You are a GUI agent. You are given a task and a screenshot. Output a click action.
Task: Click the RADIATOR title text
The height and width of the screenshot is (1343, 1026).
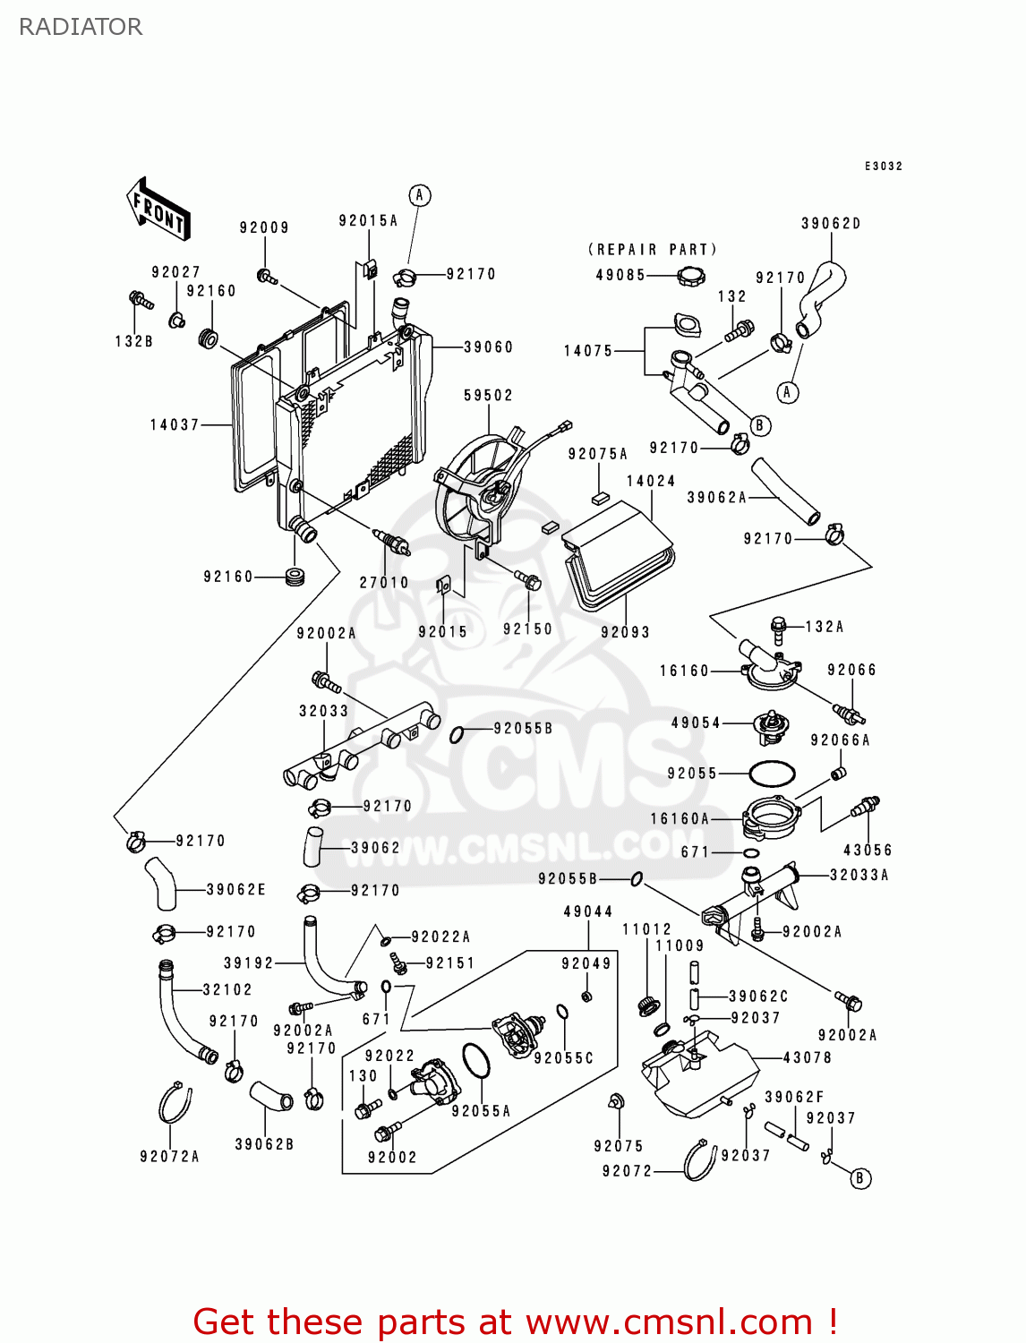coord(81,27)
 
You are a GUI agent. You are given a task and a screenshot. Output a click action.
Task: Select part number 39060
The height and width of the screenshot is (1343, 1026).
coord(488,347)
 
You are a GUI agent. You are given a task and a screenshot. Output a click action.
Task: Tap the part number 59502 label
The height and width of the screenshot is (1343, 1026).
coord(488,395)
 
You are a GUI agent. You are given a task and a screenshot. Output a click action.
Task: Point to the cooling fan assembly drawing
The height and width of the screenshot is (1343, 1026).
coord(479,492)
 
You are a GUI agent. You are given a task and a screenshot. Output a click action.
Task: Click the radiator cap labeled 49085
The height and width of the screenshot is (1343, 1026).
coord(690,276)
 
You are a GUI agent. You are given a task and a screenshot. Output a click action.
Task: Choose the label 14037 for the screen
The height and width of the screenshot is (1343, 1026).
coord(175,424)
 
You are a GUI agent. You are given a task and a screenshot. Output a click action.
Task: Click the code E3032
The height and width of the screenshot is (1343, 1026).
coord(883,167)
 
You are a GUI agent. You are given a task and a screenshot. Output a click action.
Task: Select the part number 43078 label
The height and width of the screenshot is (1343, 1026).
coord(807,1057)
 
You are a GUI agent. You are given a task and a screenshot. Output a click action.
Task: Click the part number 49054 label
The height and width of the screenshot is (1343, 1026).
coord(696,723)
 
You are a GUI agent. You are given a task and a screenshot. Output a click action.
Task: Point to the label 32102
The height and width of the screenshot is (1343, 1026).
coord(227,989)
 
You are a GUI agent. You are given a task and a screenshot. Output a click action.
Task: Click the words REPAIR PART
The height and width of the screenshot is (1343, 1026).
coord(652,250)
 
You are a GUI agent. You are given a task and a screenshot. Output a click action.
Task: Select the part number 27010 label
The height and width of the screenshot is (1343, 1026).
coord(384,582)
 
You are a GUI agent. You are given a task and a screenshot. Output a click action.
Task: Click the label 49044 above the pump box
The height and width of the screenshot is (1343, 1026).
coord(587,911)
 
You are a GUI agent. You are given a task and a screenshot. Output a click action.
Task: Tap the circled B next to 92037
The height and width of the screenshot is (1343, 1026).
coord(859,1178)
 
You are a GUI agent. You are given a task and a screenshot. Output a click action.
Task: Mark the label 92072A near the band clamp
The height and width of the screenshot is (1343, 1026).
coord(169,1157)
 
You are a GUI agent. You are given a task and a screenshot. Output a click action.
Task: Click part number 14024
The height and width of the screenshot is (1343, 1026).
coord(651,481)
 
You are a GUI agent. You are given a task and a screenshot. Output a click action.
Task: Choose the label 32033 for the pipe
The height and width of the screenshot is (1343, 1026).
coord(323,711)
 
